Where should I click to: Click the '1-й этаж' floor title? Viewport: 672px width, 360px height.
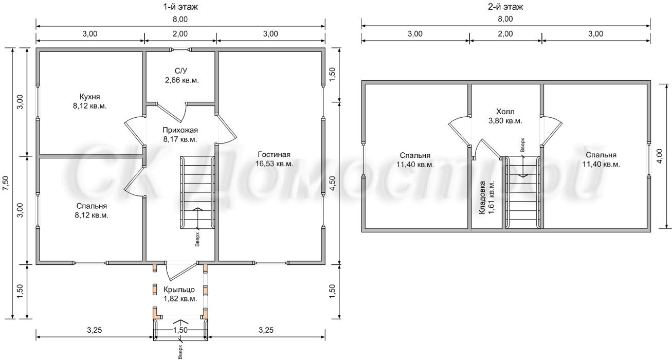click(180, 7)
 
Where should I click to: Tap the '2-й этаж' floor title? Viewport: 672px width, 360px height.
click(505, 7)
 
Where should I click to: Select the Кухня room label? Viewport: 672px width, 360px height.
click(89, 97)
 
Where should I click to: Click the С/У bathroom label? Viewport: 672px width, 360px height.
click(181, 71)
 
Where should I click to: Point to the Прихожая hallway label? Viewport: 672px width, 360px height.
click(180, 130)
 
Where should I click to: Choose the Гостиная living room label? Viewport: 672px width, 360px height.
click(274, 154)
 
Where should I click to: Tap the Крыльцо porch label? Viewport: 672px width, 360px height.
click(179, 290)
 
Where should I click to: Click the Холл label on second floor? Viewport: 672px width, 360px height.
click(505, 112)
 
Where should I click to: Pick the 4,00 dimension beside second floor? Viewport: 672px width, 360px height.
click(667, 156)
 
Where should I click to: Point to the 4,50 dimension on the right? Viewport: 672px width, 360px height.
click(332, 183)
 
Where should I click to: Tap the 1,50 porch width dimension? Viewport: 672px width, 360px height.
click(180, 330)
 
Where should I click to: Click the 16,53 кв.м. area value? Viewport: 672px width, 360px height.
click(274, 164)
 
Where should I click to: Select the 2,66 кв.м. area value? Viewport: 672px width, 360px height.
click(182, 80)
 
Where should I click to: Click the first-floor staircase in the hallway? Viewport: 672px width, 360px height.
click(197, 192)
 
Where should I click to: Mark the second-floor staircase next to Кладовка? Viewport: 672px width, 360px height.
click(523, 192)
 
